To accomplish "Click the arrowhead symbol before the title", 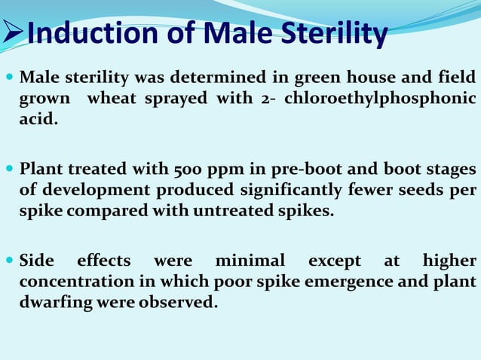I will [x=13, y=34].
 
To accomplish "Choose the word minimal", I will [x=250, y=261].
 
